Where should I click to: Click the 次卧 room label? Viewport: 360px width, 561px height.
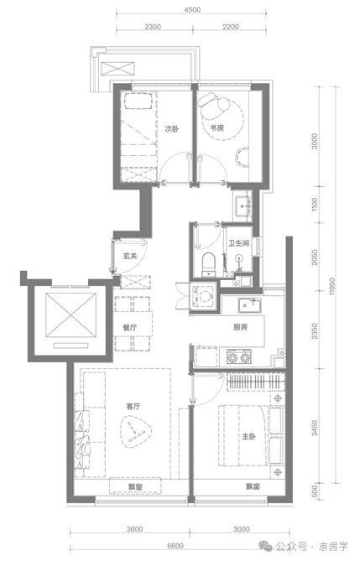coord(172,128)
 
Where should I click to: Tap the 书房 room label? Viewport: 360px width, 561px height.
coord(217,128)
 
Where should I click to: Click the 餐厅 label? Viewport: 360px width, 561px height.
coord(129,328)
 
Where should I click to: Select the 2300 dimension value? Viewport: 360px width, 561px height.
coord(152,28)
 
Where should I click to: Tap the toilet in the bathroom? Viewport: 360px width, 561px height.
coord(208,262)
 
